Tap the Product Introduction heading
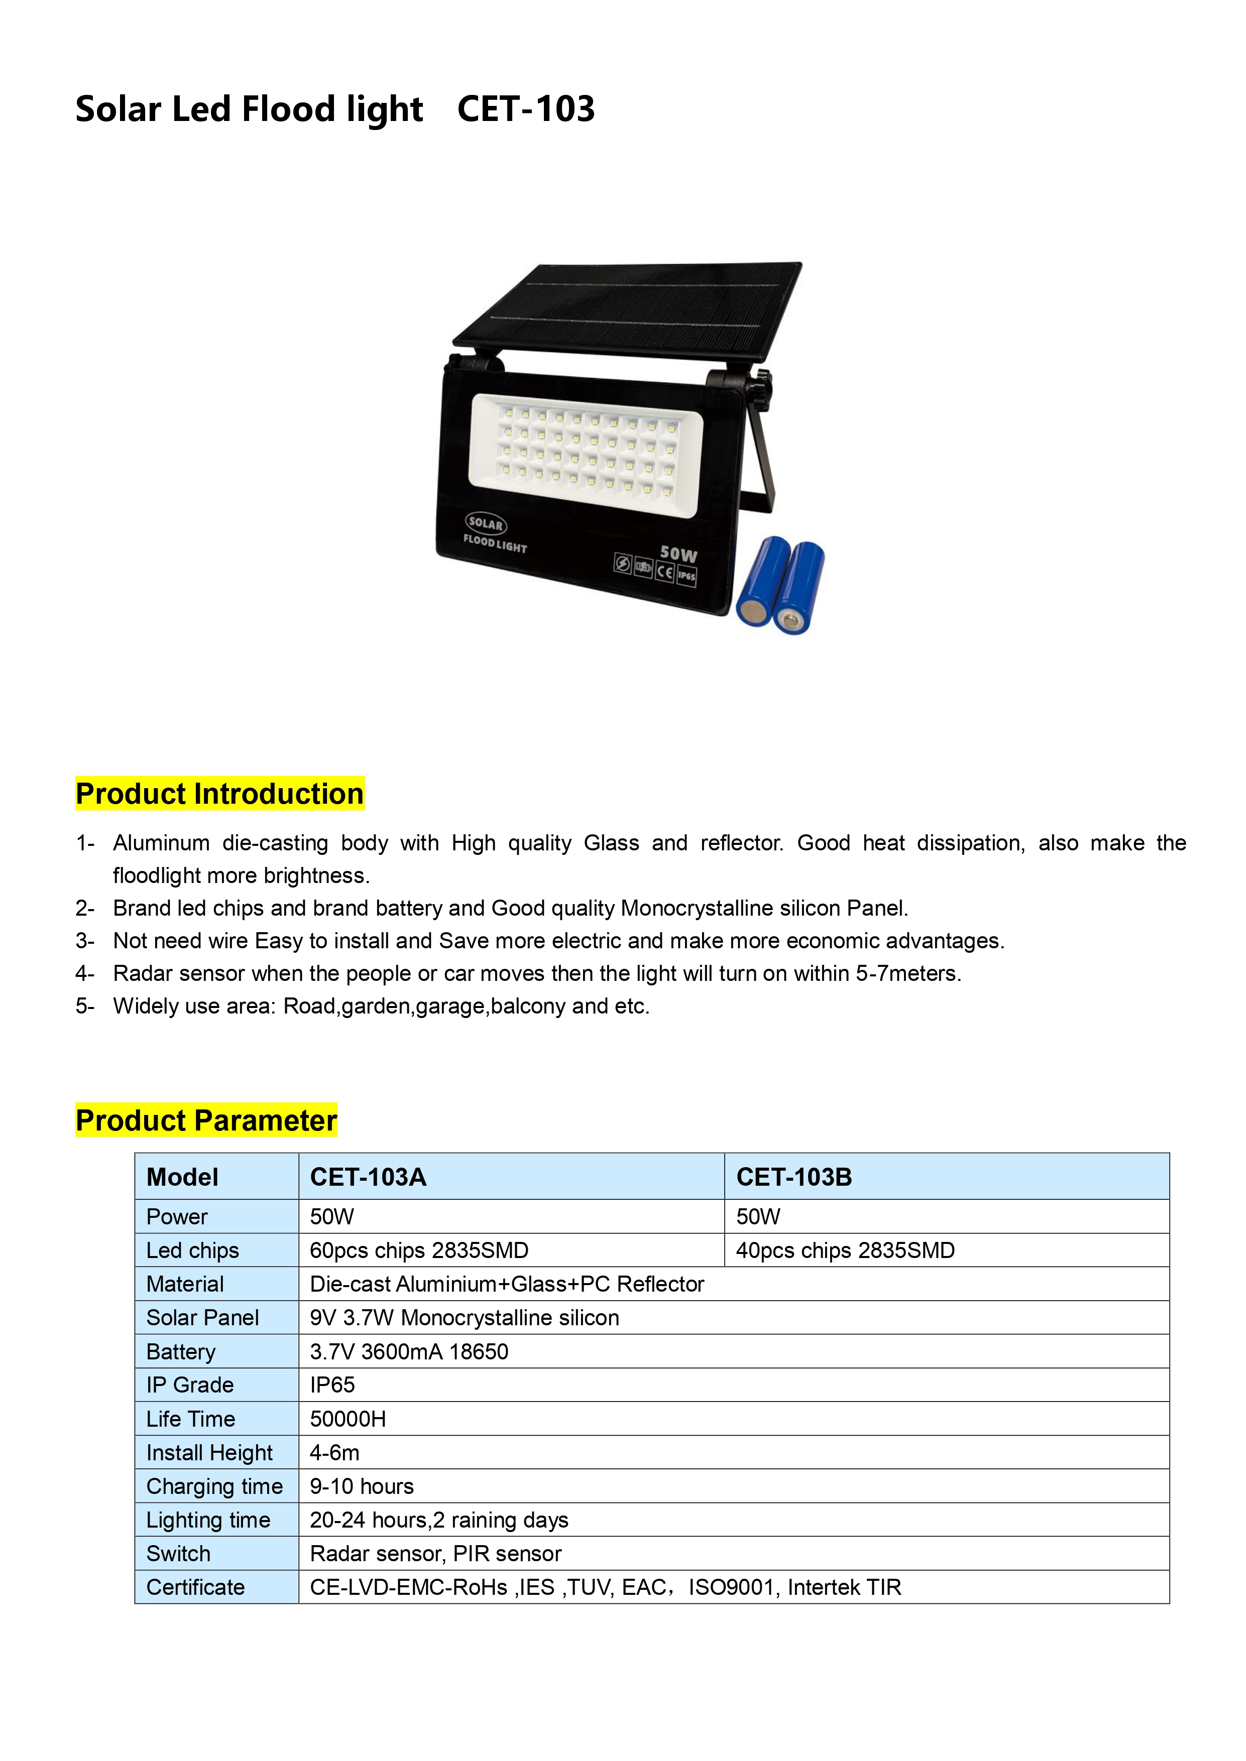[219, 794]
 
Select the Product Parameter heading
[205, 1120]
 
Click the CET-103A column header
[368, 1177]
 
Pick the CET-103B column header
[794, 1177]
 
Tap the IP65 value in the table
[332, 1385]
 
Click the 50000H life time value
[348, 1419]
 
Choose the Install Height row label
[209, 1453]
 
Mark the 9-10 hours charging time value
[362, 1486]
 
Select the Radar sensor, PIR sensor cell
[435, 1553]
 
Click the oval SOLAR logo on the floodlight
[486, 524]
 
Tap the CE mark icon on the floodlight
[664, 571]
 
